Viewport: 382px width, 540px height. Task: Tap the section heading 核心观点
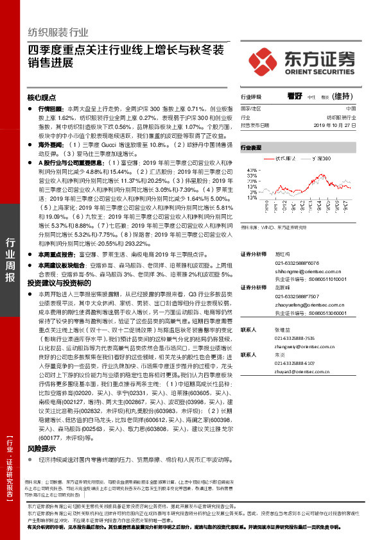pyautogui.click(x=42, y=97)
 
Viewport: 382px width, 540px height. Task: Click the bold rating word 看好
pyautogui.click(x=295, y=97)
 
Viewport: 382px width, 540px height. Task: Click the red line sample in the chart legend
pyautogui.click(x=268, y=157)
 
